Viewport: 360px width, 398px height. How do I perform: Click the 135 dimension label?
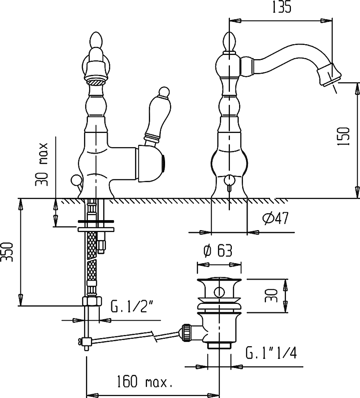(x=282, y=7)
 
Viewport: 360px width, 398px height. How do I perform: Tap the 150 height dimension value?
(x=343, y=136)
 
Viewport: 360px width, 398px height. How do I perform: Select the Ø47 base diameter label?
(x=276, y=218)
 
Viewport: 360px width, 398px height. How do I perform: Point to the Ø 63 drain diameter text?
(x=218, y=251)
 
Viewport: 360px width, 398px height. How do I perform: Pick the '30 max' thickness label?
(x=41, y=164)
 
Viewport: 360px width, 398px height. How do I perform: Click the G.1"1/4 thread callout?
(x=271, y=352)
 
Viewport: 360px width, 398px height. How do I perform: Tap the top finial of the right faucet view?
(x=230, y=41)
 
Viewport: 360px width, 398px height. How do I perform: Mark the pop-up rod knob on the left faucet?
(x=75, y=180)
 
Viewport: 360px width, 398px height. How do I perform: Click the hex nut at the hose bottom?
(x=92, y=301)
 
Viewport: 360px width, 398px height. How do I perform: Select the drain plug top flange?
(x=219, y=280)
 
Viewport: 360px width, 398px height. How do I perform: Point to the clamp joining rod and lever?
(x=86, y=342)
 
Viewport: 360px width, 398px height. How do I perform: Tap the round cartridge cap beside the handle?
(x=151, y=164)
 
